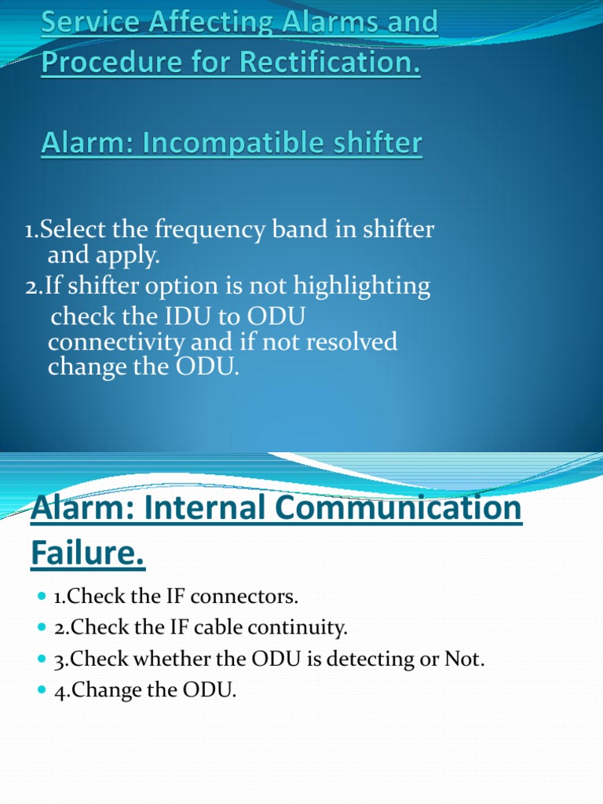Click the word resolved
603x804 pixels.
pyautogui.click(x=349, y=342)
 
